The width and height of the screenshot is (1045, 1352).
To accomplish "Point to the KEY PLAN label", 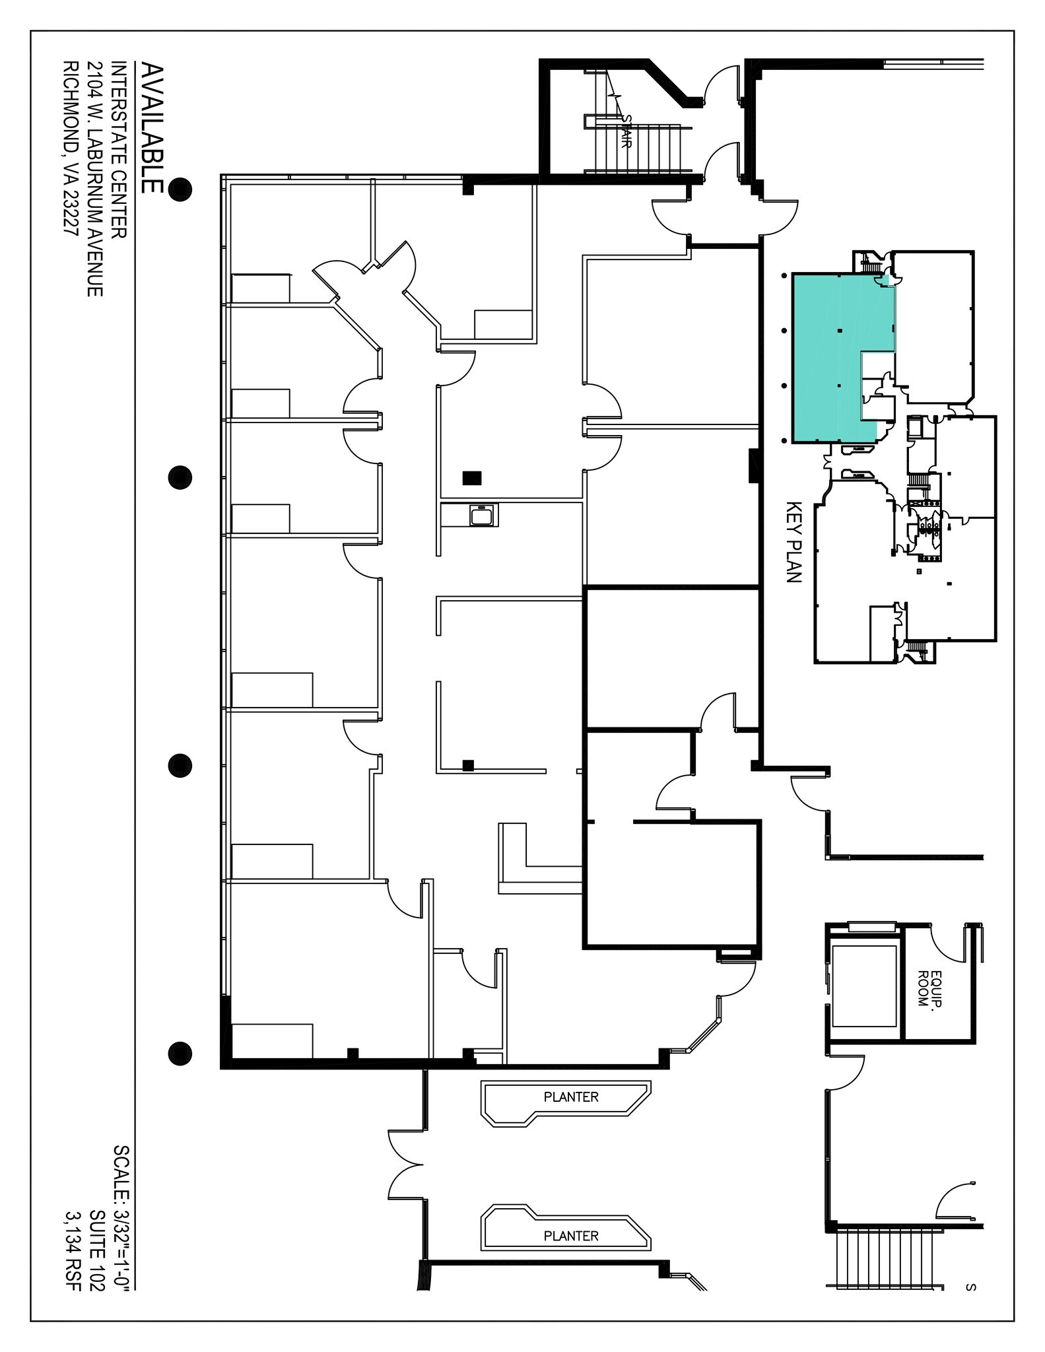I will tap(793, 542).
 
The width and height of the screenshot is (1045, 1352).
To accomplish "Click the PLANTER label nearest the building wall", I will tap(571, 1097).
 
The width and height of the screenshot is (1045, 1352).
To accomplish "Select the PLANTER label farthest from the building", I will tap(571, 1235).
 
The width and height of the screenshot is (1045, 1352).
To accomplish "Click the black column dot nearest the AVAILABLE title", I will tap(180, 189).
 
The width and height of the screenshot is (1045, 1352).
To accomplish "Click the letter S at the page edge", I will tap(970, 1287).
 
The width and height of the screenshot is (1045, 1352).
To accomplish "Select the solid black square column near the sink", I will tap(472, 477).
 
